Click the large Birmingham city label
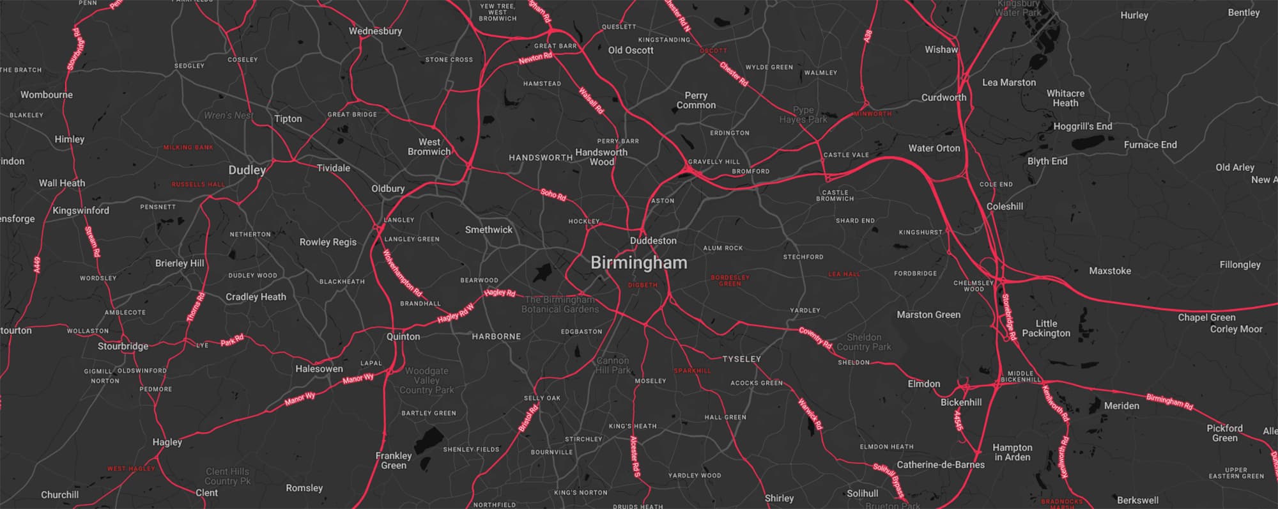click(638, 263)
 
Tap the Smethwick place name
click(488, 230)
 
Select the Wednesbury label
click(375, 31)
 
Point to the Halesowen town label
click(319, 369)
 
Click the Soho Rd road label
click(553, 194)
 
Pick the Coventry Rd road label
click(815, 338)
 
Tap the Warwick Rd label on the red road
click(810, 414)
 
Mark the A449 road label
click(37, 265)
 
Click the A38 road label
click(868, 36)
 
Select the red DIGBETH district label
click(642, 285)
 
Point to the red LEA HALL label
click(844, 274)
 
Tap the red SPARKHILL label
click(692, 371)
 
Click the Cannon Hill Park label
click(613, 365)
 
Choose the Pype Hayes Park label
click(803, 114)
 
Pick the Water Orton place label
click(934, 148)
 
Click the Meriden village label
click(1121, 406)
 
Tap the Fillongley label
click(1240, 265)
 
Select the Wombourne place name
click(47, 95)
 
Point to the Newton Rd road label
click(535, 58)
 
